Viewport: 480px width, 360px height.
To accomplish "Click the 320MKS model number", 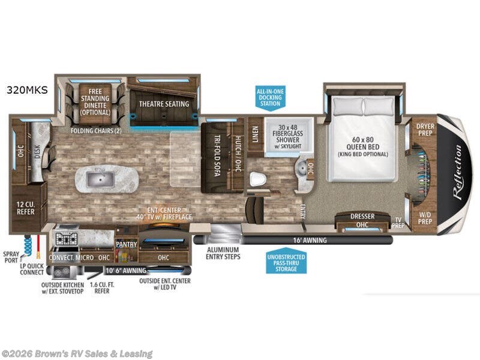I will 27,91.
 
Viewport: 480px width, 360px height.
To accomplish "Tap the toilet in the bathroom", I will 259,179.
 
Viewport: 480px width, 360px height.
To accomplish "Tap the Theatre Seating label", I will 164,104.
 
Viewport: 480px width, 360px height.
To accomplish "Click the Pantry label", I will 127,245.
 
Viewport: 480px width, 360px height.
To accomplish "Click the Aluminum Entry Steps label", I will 223,253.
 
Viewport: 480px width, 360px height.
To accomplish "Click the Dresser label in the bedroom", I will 362,216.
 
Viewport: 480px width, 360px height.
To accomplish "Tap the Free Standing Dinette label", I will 95,103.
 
